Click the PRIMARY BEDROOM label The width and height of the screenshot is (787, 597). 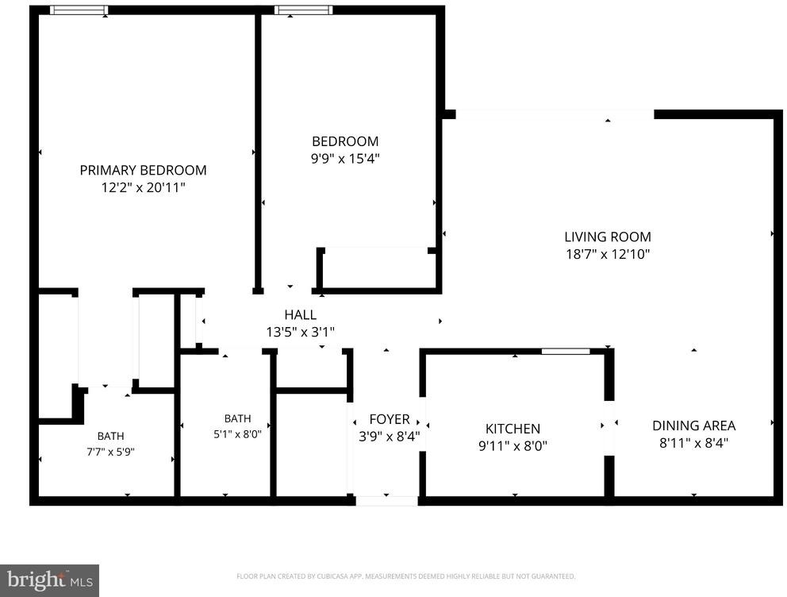[143, 170]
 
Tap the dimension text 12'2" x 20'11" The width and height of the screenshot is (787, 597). [143, 188]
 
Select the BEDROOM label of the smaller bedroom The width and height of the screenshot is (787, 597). [345, 141]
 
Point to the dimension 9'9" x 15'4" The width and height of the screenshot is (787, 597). [345, 159]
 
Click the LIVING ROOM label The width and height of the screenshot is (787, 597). [608, 237]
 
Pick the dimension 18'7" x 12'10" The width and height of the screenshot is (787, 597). [608, 254]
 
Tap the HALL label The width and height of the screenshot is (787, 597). [300, 315]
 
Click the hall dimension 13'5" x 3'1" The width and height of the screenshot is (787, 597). [300, 332]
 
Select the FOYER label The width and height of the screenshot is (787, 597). [390, 419]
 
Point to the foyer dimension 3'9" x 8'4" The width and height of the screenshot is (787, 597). [390, 437]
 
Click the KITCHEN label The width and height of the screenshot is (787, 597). [513, 429]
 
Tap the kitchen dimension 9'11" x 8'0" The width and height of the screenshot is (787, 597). [513, 446]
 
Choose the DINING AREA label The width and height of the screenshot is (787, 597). [694, 426]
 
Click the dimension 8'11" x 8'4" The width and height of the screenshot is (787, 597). [694, 443]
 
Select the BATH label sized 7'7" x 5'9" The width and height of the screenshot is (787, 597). [110, 437]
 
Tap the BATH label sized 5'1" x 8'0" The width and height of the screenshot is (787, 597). [237, 418]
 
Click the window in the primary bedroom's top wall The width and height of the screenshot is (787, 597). [79, 10]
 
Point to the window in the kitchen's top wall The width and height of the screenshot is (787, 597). [566, 352]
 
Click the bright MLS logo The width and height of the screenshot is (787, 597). [50, 581]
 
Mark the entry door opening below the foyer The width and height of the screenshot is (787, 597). [386, 501]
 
